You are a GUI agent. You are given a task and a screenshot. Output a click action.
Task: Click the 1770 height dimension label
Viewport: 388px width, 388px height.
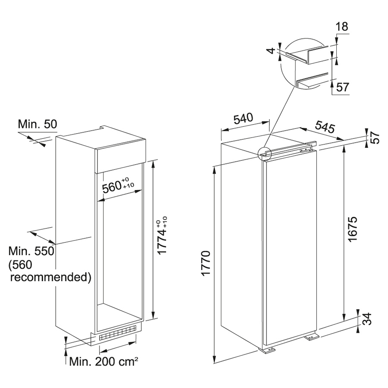click(x=206, y=263)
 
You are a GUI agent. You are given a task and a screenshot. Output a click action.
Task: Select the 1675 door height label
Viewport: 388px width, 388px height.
click(x=352, y=229)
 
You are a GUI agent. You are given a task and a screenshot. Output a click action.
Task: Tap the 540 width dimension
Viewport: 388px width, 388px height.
click(x=244, y=119)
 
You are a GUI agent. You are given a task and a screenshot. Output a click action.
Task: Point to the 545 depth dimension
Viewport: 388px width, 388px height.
click(x=325, y=127)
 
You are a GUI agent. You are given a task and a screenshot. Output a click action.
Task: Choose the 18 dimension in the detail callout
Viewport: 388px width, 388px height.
click(x=342, y=27)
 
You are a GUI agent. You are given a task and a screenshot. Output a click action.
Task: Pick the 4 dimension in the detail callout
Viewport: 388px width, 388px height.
click(x=272, y=50)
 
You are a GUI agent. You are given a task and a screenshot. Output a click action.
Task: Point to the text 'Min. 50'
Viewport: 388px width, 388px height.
click(x=38, y=124)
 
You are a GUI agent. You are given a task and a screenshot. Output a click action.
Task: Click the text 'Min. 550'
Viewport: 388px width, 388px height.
click(x=31, y=251)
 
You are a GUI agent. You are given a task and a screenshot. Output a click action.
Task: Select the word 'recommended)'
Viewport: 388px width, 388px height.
click(x=51, y=277)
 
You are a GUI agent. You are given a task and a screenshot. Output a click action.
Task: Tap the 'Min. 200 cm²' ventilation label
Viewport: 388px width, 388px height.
click(x=103, y=362)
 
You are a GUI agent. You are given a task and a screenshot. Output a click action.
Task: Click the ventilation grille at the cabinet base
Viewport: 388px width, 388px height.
click(x=118, y=333)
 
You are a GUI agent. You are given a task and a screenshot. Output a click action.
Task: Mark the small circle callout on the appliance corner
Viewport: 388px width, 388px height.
click(x=265, y=153)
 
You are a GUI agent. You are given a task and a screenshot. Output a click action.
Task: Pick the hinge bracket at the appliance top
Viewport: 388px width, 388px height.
click(x=306, y=150)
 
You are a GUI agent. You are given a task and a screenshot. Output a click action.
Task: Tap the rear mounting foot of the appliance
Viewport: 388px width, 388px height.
click(x=312, y=337)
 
